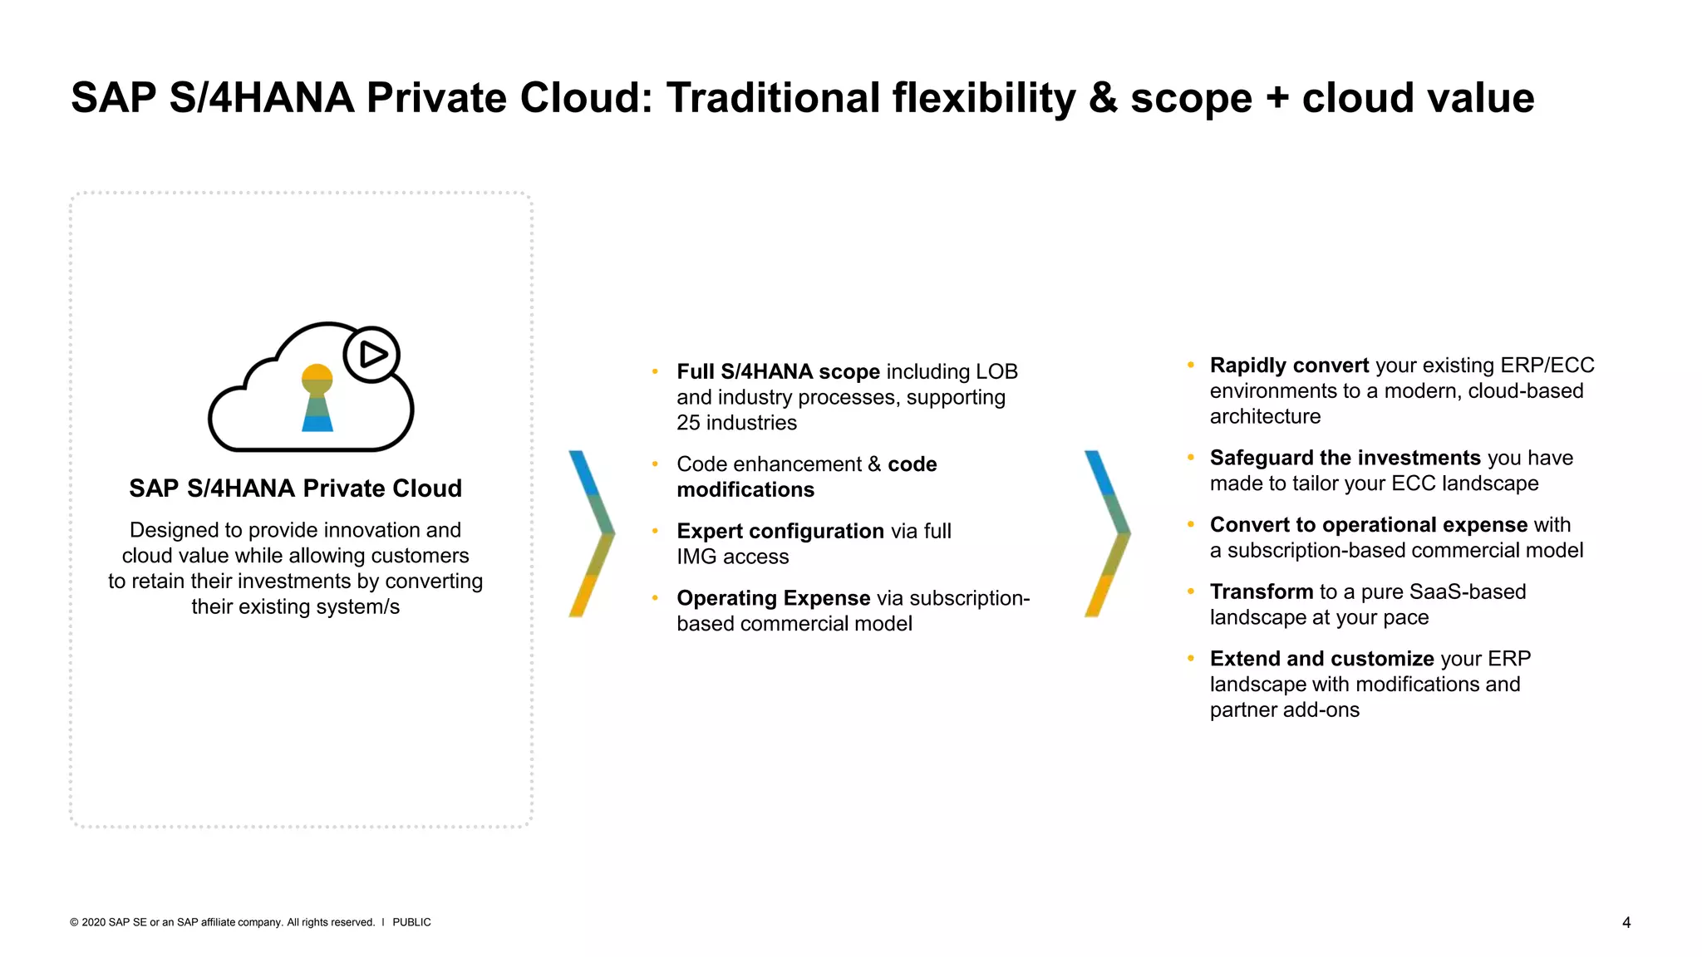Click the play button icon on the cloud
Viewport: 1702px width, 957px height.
tap(371, 355)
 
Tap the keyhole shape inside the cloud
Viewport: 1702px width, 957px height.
tap(317, 397)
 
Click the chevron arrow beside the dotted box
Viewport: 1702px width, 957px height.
tap(592, 533)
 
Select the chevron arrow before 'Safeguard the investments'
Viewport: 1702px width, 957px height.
tap(1108, 533)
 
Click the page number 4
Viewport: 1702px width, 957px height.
tap(1626, 922)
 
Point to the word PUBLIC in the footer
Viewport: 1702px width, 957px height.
tap(411, 922)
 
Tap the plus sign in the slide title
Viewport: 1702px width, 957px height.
tap(1276, 98)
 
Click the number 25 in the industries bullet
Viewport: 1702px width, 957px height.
tap(688, 423)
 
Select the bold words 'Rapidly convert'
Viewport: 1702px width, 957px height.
tap(1289, 366)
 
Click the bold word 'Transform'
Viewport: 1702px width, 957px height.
tap(1261, 591)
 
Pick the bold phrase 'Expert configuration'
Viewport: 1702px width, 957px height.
tap(780, 531)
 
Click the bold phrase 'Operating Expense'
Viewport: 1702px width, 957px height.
tap(773, 598)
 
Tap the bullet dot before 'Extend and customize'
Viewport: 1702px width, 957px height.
tap(1191, 658)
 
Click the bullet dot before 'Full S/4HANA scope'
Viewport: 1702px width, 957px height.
tap(656, 371)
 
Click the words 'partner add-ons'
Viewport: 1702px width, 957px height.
tap(1284, 710)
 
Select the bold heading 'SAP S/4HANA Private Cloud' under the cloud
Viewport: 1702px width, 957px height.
tap(295, 488)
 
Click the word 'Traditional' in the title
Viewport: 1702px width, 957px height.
tap(774, 98)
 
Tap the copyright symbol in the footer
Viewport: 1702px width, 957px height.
tap(74, 922)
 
